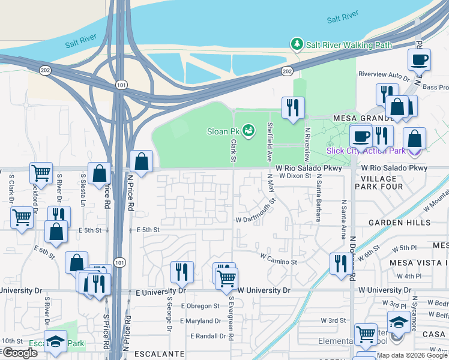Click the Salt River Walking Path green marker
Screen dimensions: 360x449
point(296,44)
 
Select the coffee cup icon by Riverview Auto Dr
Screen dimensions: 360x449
point(419,60)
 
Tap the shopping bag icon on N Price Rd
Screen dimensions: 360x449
point(141,161)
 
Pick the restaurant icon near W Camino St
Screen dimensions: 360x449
point(340,263)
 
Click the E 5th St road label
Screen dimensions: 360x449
point(148,229)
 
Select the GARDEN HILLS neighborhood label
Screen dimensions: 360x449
point(399,222)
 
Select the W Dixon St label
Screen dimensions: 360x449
point(295,176)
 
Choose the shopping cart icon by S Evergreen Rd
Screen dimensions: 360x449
point(227,278)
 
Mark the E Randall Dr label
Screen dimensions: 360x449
point(208,336)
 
